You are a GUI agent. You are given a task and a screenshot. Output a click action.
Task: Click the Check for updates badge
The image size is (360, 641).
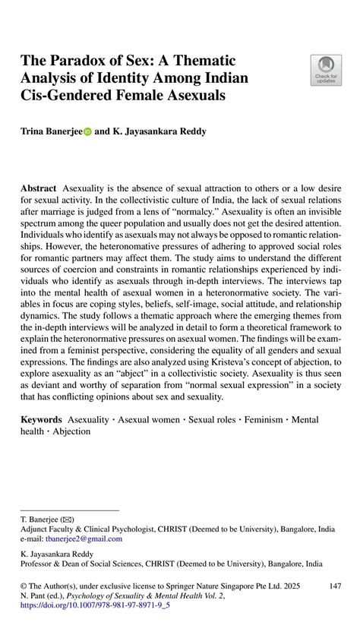point(325,69)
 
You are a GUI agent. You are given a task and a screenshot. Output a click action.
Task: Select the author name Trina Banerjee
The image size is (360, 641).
point(52,131)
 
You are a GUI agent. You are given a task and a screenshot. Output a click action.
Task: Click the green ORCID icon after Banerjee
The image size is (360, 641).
point(87,132)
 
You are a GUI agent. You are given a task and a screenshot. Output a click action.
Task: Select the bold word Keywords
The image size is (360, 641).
point(42,419)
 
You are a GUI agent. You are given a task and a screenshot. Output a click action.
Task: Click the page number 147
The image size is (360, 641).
point(330,586)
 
